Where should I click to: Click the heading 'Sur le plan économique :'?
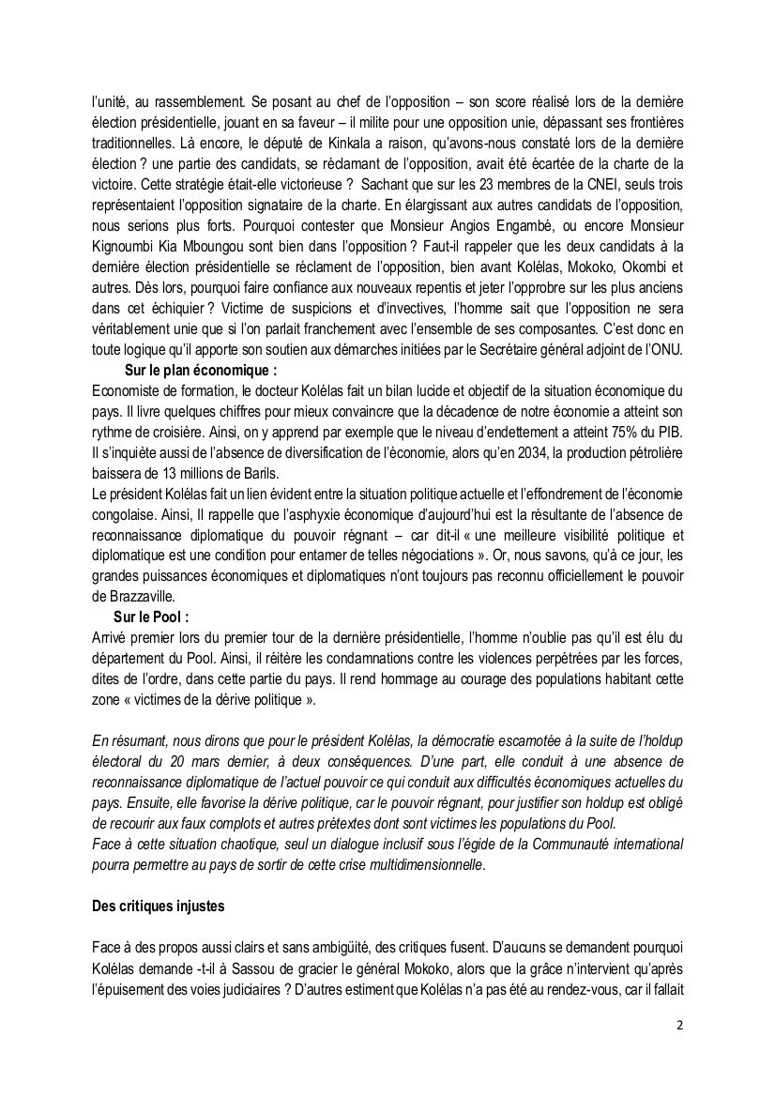click(201, 370)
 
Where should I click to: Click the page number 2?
click(679, 1026)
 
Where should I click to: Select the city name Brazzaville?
click(140, 596)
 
